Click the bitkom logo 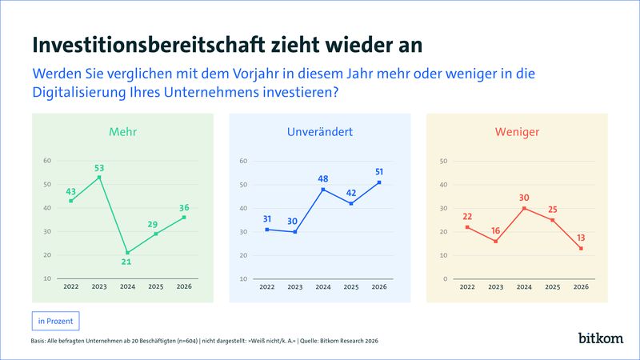coord(600,338)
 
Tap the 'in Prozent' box coord(55,321)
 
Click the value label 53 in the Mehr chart coord(99,168)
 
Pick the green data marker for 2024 coord(127,253)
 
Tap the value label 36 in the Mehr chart coord(184,208)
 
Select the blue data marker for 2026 coord(378,182)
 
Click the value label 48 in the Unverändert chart coord(323,180)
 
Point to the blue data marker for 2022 coord(266,230)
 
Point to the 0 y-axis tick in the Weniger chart coord(445,279)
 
